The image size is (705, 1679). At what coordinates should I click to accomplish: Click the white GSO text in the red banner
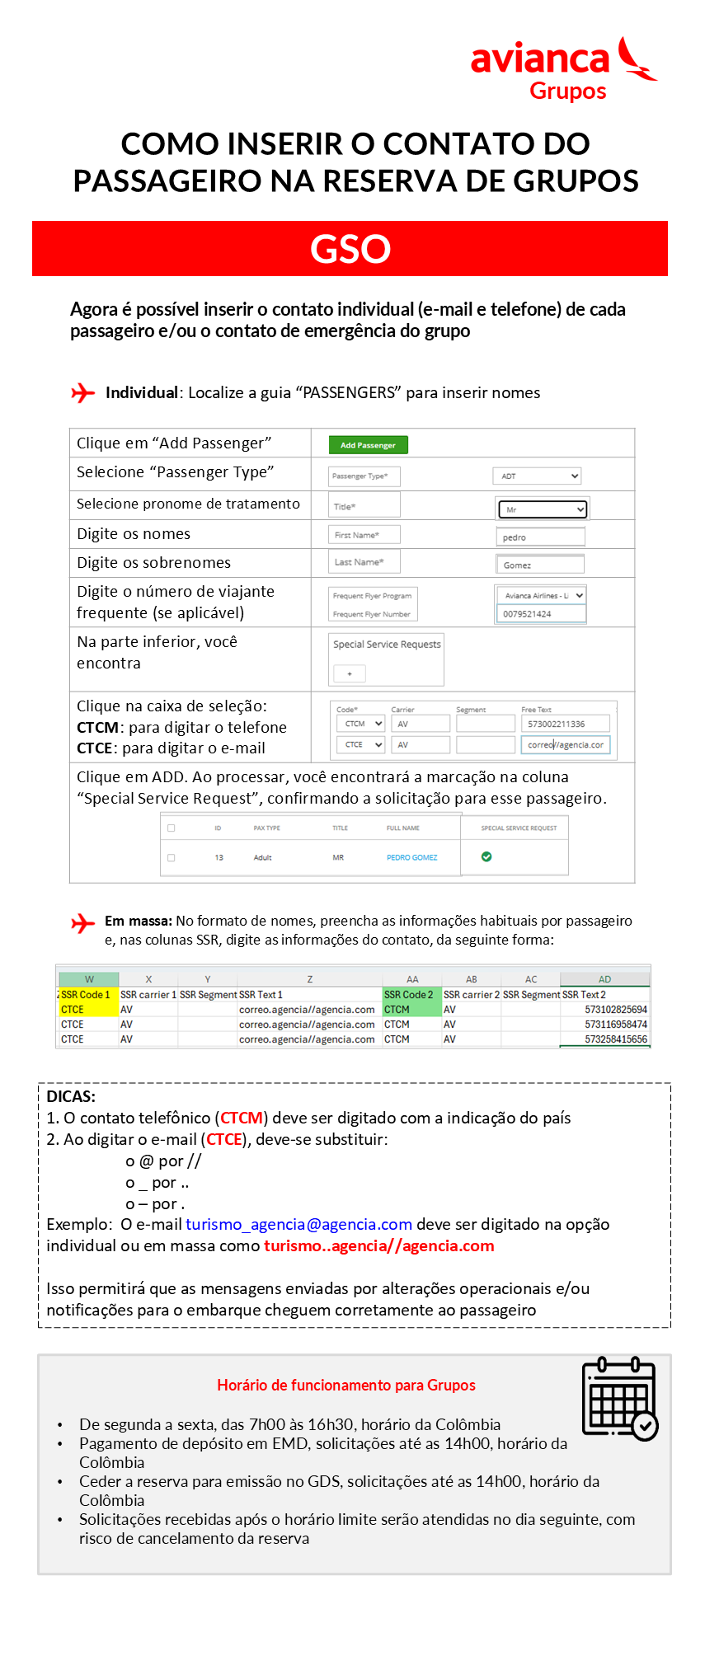coord(350,249)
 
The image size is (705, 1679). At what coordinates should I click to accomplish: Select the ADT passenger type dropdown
coord(537,476)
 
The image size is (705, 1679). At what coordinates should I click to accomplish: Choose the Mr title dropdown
coord(542,509)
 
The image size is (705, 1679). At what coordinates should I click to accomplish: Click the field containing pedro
coord(540,537)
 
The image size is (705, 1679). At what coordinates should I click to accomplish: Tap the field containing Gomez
coord(539,565)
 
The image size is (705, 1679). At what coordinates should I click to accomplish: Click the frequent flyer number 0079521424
coord(540,614)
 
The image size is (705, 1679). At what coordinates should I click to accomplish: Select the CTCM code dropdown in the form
coord(361,724)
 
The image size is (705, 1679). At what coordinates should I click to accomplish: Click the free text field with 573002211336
coord(565,724)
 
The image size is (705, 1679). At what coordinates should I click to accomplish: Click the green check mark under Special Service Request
coord(486,856)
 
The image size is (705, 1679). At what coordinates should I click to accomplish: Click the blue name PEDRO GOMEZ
coord(412,857)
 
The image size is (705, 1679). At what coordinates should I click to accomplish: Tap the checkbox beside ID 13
coord(172,857)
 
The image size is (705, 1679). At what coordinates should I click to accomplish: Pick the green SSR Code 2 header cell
coord(411,995)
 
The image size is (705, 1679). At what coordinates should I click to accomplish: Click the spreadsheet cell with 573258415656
coord(605,1039)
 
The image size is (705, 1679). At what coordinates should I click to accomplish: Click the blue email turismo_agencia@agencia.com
coord(298,1225)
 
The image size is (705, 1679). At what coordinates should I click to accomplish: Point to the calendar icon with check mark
coord(619,1398)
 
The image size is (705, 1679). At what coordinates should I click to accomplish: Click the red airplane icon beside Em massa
coord(83,923)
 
